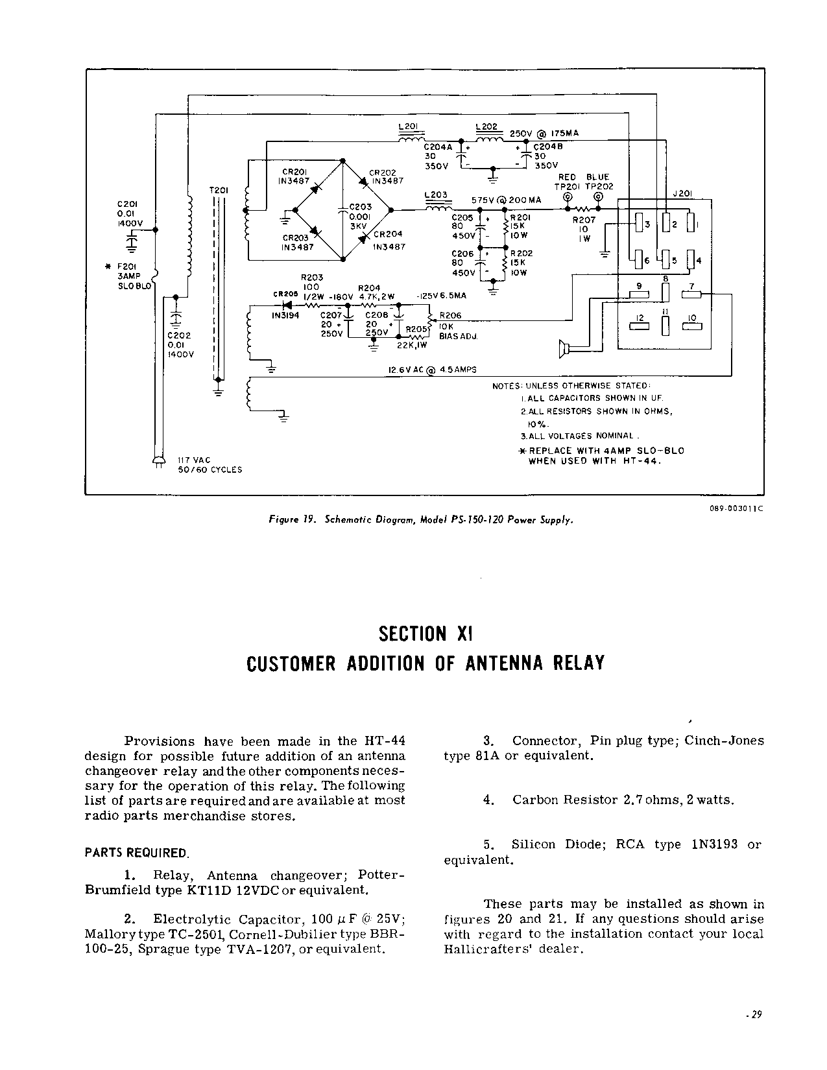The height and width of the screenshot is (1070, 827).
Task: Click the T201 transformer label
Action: click(x=218, y=191)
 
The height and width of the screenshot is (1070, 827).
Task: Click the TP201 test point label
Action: click(x=566, y=186)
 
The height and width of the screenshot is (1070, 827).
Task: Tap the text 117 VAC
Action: click(x=194, y=460)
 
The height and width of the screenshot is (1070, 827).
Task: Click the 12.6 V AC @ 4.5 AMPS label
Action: click(x=431, y=370)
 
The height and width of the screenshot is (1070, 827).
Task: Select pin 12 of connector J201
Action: click(x=639, y=318)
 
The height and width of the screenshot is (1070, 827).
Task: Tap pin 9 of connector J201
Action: click(x=639, y=286)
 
